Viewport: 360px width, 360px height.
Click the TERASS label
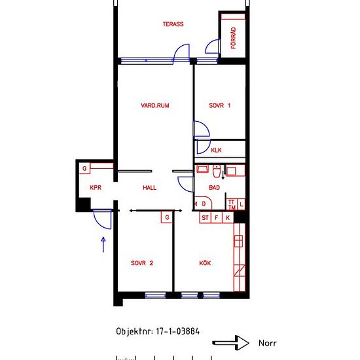point(173,24)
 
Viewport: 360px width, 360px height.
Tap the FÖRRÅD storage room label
point(233,38)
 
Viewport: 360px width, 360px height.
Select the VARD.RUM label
point(155,105)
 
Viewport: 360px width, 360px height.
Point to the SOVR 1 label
point(220,105)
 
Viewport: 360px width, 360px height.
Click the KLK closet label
point(216,150)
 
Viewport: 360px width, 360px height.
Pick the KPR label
point(96,188)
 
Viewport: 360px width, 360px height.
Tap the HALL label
point(149,188)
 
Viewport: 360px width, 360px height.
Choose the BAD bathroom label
point(214,188)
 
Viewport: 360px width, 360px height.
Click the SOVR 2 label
point(142,263)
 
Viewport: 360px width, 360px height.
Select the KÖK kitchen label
point(205,263)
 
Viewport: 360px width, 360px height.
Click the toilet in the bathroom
point(217,171)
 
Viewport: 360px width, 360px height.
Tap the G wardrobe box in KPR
point(84,168)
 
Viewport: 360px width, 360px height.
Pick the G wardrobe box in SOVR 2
point(167,217)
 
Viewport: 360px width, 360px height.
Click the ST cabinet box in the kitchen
point(205,217)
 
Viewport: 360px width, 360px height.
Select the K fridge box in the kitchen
point(228,217)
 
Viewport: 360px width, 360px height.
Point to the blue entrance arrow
point(103,245)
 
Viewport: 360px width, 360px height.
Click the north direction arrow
point(230,343)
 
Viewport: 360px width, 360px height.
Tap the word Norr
point(268,343)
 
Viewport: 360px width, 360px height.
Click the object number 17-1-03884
point(177,331)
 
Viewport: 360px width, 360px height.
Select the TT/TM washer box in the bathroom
point(232,204)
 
